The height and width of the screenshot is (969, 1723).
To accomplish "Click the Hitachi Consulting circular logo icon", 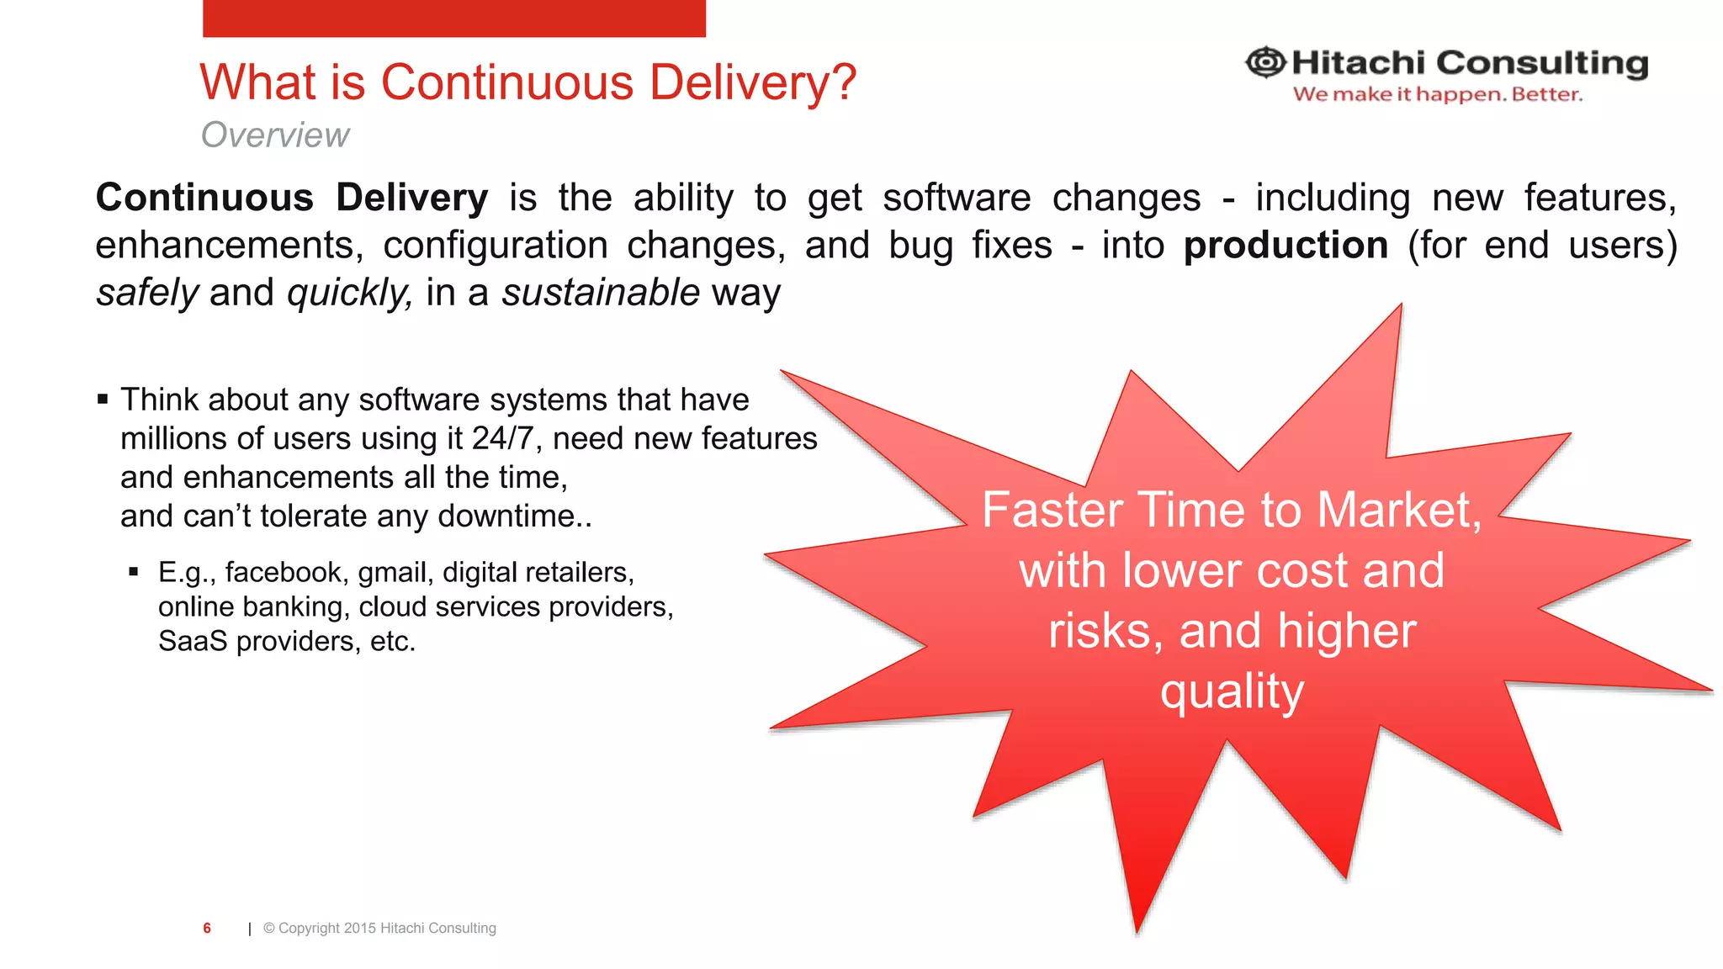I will tap(1265, 62).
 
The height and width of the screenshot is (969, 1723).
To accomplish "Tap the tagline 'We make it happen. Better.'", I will tap(1437, 94).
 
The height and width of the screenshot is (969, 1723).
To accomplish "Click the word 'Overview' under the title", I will tap(275, 135).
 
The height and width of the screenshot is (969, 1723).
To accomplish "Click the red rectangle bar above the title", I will tap(453, 18).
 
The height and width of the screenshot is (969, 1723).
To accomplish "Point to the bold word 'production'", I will tap(1286, 245).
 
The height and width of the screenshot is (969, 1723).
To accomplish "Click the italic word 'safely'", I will tap(147, 293).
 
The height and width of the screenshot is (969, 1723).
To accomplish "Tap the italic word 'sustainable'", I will tap(601, 293).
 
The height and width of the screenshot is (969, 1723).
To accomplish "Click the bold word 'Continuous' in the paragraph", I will tap(204, 198).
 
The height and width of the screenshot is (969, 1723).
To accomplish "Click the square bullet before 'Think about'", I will tap(103, 399).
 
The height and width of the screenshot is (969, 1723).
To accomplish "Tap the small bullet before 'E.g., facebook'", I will tap(134, 572).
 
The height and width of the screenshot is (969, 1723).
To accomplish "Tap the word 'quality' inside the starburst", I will tap(1232, 691).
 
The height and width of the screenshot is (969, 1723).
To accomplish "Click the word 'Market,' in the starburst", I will tap(1398, 510).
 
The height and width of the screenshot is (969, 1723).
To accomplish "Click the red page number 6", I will tap(207, 928).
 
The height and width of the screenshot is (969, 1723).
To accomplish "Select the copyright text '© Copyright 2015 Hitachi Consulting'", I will tap(379, 928).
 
